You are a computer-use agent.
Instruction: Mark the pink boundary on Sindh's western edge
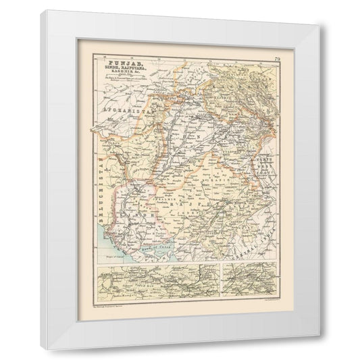pos(116,209)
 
